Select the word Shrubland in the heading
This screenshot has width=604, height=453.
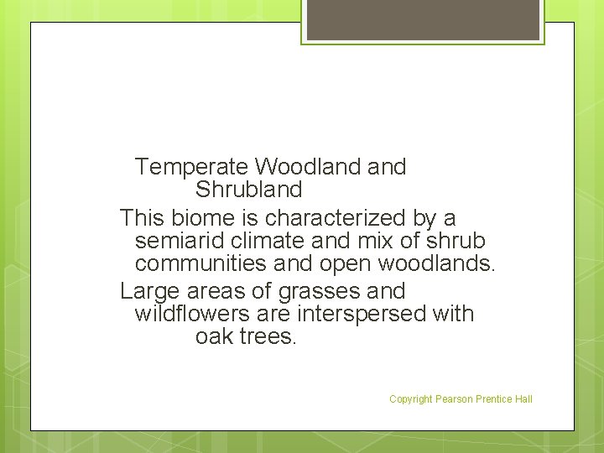[x=248, y=190]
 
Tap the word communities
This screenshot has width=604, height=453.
[x=195, y=265]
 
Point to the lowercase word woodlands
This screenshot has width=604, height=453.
[x=435, y=265]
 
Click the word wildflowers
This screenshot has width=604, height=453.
[x=190, y=314]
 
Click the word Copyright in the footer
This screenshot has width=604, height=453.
[x=411, y=399]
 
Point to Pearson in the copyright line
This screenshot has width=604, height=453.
[x=454, y=399]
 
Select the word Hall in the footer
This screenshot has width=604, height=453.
[x=523, y=399]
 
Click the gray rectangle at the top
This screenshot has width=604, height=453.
[x=423, y=19]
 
